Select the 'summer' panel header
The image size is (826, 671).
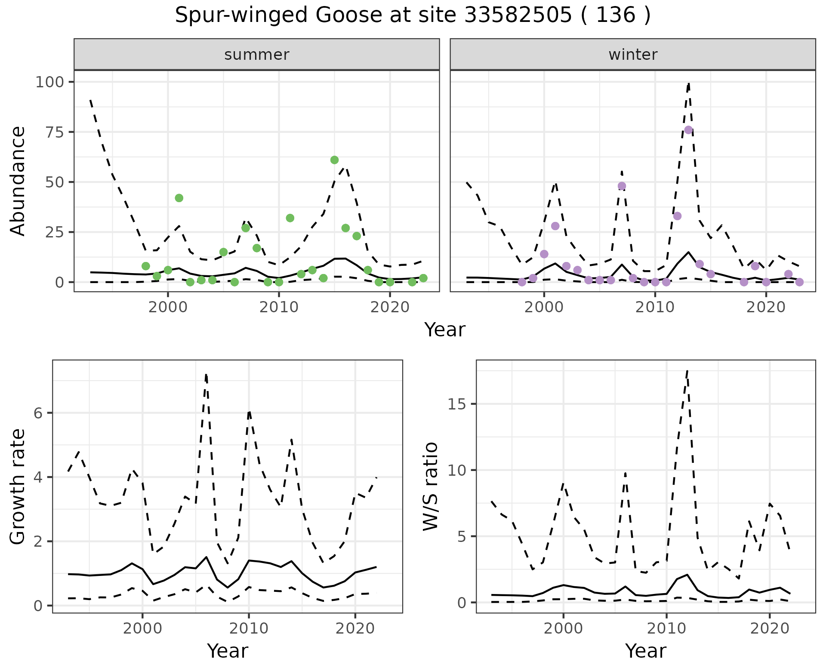coord(257,55)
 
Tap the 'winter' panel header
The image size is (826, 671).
coord(633,55)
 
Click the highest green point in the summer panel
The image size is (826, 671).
coord(334,160)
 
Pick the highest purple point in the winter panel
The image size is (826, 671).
coord(688,130)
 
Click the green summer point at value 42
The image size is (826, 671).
coord(179,198)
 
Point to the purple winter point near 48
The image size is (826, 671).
coord(622,186)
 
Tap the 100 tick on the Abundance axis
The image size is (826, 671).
coord(50,82)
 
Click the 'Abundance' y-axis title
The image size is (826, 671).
coord(18,181)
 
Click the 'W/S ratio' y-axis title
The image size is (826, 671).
coord(430,486)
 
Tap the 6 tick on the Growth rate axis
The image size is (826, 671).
coord(38,413)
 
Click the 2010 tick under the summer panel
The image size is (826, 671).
coord(279,307)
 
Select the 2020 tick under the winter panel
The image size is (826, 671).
coord(766,307)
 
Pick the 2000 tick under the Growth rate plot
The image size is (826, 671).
coord(142,628)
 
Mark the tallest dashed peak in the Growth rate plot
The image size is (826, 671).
coord(206,375)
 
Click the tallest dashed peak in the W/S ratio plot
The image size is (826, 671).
coord(687,370)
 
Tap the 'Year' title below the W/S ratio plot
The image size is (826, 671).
coord(645,651)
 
